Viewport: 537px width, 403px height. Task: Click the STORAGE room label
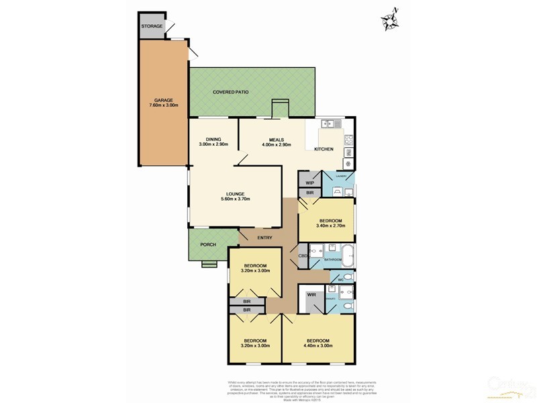152,26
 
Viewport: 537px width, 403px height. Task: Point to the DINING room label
213,142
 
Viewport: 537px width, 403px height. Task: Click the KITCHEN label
324,149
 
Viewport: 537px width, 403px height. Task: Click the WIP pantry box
310,182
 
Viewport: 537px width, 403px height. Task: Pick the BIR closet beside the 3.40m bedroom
310,193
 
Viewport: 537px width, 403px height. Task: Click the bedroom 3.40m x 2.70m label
331,224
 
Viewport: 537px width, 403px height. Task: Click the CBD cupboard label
303,256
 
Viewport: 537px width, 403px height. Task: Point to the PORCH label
208,244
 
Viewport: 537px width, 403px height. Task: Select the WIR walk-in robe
311,295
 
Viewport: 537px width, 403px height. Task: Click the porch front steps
209,265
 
